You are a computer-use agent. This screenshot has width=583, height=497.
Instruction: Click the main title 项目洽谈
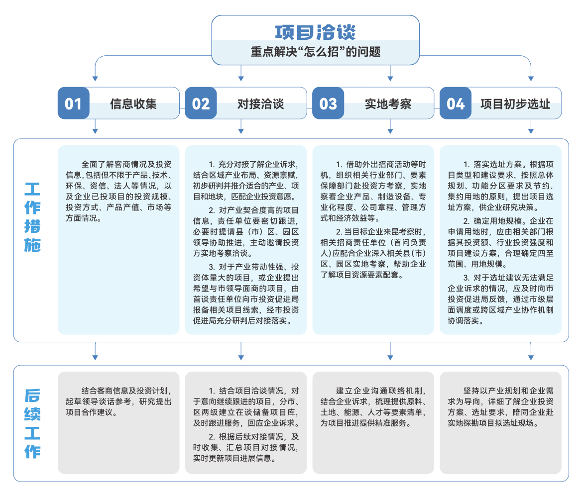coord(315,32)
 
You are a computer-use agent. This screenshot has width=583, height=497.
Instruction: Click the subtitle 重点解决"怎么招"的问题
coord(315,52)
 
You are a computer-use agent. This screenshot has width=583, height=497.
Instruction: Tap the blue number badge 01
coord(73,103)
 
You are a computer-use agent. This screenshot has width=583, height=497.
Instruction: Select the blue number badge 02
coord(201,103)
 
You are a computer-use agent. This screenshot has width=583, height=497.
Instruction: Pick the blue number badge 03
coord(328,103)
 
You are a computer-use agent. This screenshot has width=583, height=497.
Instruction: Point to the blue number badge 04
coord(456,103)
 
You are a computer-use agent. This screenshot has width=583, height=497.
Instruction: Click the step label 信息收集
coord(133,104)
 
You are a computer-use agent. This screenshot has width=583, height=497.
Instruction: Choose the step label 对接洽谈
coord(261,104)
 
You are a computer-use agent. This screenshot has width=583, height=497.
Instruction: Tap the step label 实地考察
coord(388,104)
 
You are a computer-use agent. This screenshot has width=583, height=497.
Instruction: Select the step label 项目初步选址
coord(515,104)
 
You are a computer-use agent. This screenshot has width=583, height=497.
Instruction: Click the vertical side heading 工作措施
coord(32,217)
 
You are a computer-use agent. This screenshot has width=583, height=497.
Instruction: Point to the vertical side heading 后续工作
coord(32,423)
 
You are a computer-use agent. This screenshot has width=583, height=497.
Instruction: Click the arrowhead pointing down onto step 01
coord(95,79)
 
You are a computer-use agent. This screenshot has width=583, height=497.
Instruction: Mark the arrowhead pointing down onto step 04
coord(531,79)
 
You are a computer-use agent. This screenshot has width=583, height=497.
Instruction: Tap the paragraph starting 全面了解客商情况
coord(118,192)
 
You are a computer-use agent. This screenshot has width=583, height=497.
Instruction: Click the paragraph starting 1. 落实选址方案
coord(500,186)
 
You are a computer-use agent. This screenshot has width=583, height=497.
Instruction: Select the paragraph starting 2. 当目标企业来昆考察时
coord(373,253)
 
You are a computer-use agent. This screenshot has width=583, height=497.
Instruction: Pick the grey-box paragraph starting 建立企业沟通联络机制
coord(373,407)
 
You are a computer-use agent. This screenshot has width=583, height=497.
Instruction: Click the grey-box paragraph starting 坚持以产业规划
coord(500,407)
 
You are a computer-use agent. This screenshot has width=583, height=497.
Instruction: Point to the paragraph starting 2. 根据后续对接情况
coord(246,448)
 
